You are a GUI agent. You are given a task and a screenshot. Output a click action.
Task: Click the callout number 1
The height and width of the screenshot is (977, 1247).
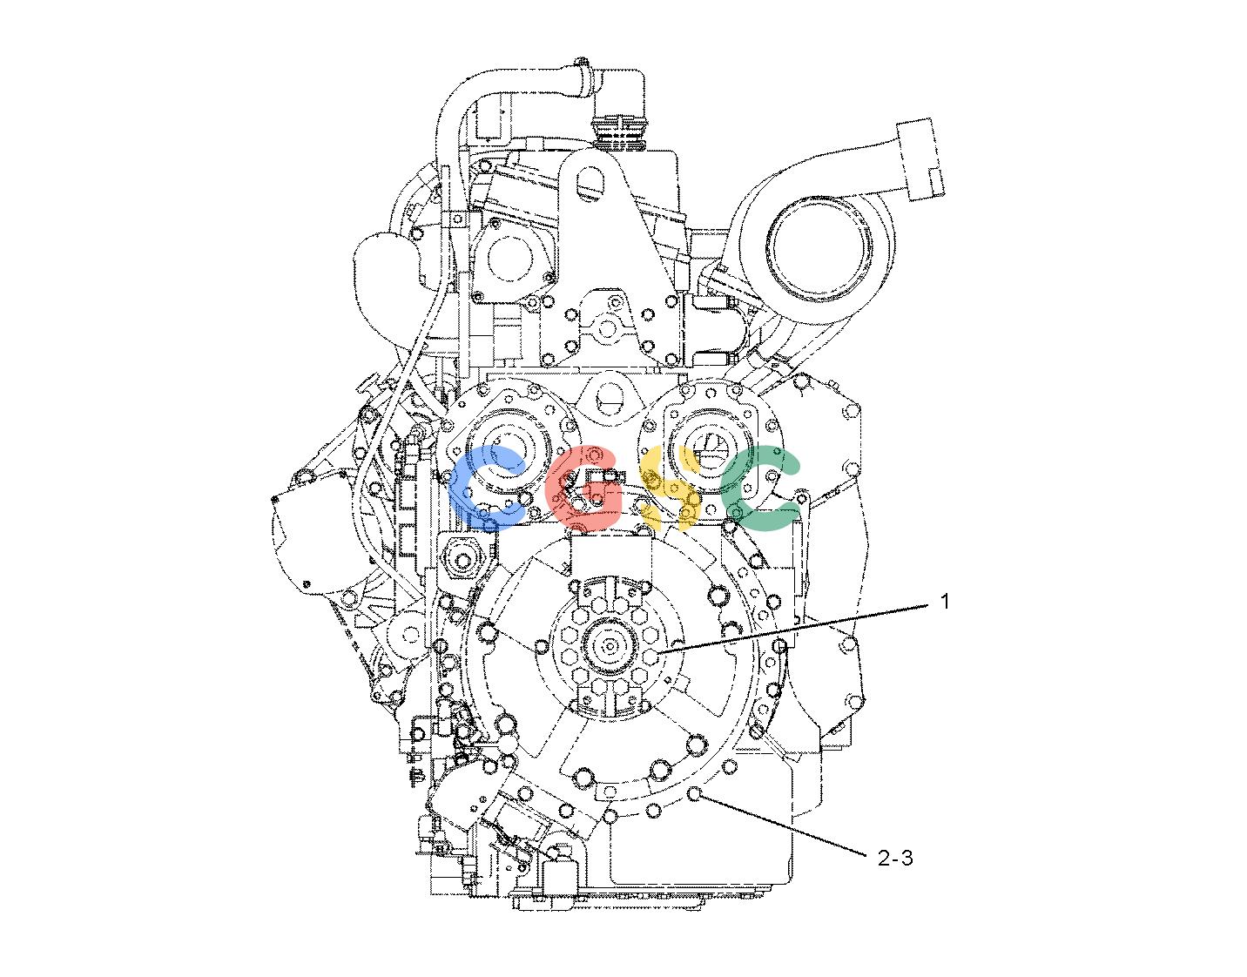944,602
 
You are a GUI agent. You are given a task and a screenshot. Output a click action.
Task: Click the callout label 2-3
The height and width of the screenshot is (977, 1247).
895,858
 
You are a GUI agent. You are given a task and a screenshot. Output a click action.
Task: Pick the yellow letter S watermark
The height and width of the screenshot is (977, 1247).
670,487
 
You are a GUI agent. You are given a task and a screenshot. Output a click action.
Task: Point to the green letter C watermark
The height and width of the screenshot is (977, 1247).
760,487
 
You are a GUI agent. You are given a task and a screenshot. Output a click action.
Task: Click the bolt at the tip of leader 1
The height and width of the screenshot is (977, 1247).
650,655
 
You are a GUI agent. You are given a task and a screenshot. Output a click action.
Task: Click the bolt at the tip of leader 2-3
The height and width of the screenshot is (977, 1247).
694,794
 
